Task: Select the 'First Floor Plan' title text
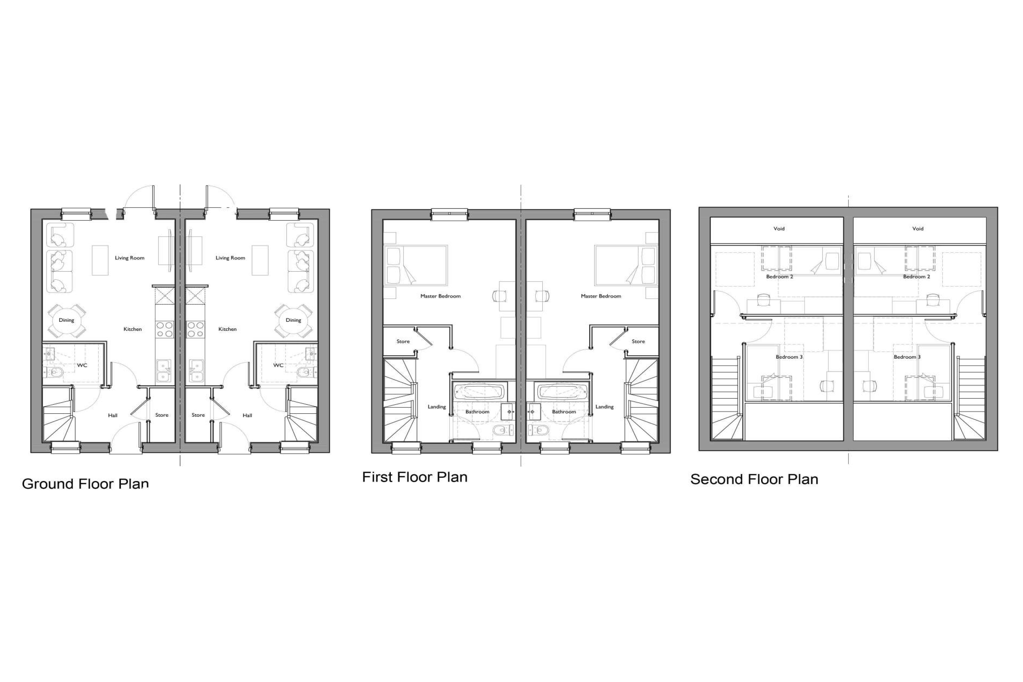point(415,477)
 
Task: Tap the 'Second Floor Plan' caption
point(754,479)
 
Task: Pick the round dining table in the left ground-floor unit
point(67,321)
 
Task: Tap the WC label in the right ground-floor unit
point(278,365)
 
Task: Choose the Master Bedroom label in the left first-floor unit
point(440,296)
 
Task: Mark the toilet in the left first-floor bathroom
point(504,431)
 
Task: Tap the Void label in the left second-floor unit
point(779,228)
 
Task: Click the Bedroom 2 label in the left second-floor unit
point(780,277)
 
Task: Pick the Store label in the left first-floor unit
point(403,341)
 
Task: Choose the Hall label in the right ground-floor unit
point(247,415)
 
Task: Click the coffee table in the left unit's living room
point(100,261)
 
